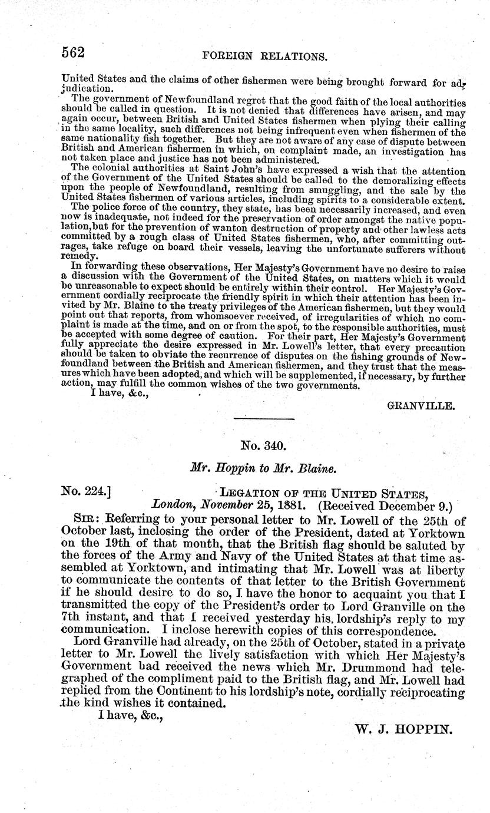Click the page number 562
click(74, 52)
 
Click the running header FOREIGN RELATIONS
click(264, 57)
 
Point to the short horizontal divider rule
click(264, 419)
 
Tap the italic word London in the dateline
click(173, 505)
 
